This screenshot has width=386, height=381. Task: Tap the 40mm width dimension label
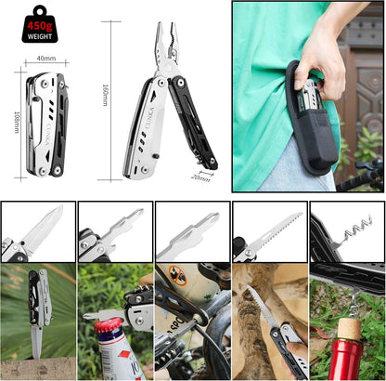tap(45, 59)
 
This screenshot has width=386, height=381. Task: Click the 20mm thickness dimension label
tap(200, 176)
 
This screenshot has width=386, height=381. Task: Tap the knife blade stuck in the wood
tap(36, 338)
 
